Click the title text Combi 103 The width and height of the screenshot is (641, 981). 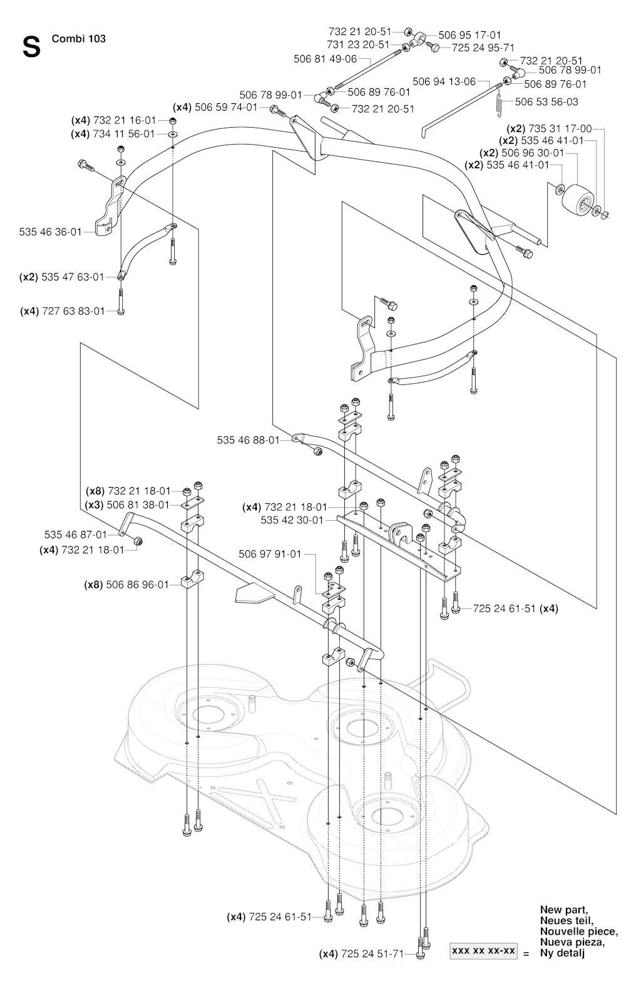click(x=79, y=39)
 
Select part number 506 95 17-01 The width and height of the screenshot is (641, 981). click(x=470, y=35)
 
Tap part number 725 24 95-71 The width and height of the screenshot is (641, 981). click(x=483, y=48)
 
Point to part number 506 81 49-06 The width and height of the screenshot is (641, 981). click(x=326, y=59)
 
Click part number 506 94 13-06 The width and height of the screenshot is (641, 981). click(x=444, y=82)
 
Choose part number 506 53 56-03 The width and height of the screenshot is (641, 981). click(x=546, y=102)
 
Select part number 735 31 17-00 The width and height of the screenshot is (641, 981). click(x=560, y=129)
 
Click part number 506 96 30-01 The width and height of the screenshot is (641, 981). click(x=533, y=153)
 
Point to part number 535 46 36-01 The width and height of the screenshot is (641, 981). click(x=50, y=232)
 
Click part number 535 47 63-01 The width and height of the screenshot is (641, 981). click(x=73, y=277)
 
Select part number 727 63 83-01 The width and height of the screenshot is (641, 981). click(x=74, y=311)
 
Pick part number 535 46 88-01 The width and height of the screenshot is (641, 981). click(x=249, y=441)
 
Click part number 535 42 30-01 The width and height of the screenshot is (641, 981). click(x=292, y=520)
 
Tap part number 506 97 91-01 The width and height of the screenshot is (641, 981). click(x=270, y=555)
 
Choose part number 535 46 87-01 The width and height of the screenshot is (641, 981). click(x=76, y=535)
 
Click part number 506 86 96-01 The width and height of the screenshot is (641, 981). click(x=138, y=585)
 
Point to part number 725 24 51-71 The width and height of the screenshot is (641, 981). click(x=372, y=954)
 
